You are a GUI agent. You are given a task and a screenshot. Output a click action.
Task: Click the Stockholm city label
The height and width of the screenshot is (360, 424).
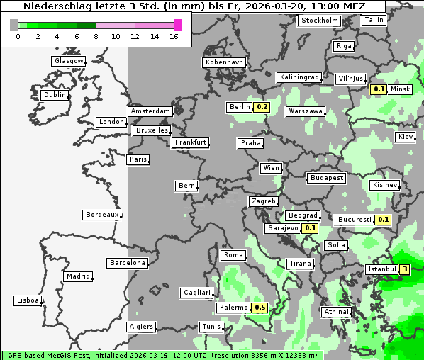click(318, 21)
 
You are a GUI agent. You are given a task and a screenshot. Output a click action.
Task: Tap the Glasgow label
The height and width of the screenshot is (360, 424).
click(69, 61)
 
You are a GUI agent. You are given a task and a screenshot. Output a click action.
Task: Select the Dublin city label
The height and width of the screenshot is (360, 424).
click(54, 95)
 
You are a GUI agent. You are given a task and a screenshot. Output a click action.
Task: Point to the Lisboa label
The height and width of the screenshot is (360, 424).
click(28, 300)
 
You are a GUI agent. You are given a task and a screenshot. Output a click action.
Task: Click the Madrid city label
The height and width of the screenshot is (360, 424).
click(77, 276)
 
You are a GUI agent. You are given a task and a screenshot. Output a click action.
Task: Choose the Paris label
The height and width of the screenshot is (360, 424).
click(138, 159)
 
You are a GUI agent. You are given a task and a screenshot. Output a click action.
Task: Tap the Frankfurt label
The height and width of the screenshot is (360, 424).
click(190, 142)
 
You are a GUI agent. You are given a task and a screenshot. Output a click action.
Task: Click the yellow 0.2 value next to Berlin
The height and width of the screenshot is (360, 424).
click(262, 107)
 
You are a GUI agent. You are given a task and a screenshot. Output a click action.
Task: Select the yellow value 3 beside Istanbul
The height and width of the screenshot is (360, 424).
click(405, 269)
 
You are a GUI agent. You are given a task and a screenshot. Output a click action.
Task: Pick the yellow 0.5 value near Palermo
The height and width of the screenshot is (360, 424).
click(260, 308)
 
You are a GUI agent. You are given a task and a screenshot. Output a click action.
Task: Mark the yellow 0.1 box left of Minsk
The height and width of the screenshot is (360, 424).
click(379, 89)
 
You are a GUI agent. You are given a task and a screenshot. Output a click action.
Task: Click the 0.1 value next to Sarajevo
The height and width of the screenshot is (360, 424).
click(310, 228)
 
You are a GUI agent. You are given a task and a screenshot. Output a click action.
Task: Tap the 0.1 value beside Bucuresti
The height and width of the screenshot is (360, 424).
click(384, 220)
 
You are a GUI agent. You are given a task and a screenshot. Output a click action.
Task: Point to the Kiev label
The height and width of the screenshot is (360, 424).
click(406, 136)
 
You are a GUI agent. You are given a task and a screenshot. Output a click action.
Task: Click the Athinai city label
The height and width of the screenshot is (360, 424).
click(336, 312)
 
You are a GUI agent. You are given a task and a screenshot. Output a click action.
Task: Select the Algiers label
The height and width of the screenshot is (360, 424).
click(140, 327)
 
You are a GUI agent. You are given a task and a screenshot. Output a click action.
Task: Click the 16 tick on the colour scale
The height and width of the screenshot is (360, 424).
click(174, 36)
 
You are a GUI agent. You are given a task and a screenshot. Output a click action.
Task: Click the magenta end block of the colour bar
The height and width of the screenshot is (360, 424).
click(177, 25)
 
